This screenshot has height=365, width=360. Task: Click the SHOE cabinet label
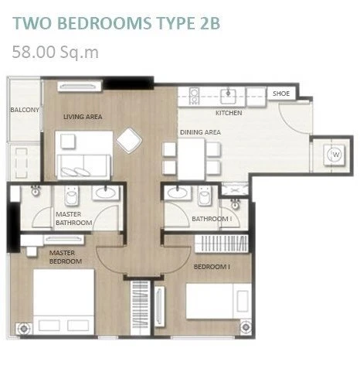[281, 94]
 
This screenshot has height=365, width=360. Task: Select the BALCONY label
[25, 110]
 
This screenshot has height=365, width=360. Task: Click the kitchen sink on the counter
[229, 96]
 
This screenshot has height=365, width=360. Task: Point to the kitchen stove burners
[195, 96]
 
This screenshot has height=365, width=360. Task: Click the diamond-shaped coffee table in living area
[129, 141]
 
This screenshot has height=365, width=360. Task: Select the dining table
[191, 159]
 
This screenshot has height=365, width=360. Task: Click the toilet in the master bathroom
[72, 196]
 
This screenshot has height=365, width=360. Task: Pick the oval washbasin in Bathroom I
[178, 193]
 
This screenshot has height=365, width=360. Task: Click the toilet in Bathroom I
[205, 196]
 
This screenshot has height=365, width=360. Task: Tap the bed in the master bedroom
[63, 302]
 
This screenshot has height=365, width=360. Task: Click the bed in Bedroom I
[219, 301]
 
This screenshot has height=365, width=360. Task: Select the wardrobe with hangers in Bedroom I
[222, 244]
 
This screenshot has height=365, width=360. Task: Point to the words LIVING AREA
[83, 117]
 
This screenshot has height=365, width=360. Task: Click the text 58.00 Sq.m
[56, 52]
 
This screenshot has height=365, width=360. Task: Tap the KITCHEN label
[229, 113]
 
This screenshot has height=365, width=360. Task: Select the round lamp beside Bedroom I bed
[246, 327]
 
